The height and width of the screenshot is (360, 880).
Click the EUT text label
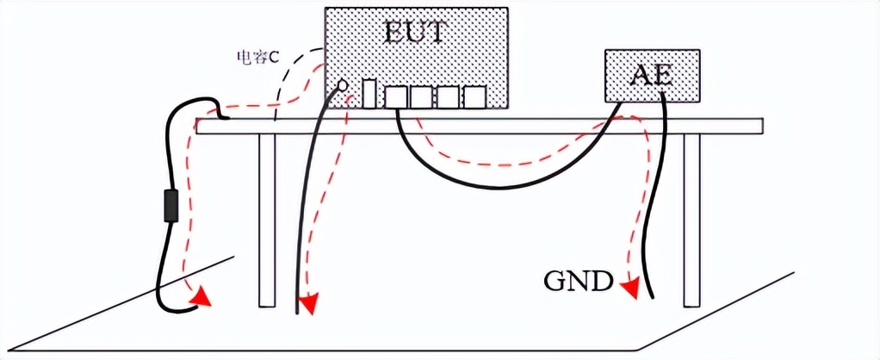[x=416, y=34]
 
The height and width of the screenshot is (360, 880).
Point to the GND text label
[x=578, y=282]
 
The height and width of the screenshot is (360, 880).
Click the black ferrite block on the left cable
[x=170, y=207]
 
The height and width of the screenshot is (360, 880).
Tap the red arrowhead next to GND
[x=632, y=288]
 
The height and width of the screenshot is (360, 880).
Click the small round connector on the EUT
[x=342, y=86]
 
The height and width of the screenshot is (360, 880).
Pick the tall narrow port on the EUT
[x=369, y=93]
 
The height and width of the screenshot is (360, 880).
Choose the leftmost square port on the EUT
[x=395, y=97]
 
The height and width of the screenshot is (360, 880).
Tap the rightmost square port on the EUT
[x=474, y=97]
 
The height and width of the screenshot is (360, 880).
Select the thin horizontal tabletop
[x=517, y=126]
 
